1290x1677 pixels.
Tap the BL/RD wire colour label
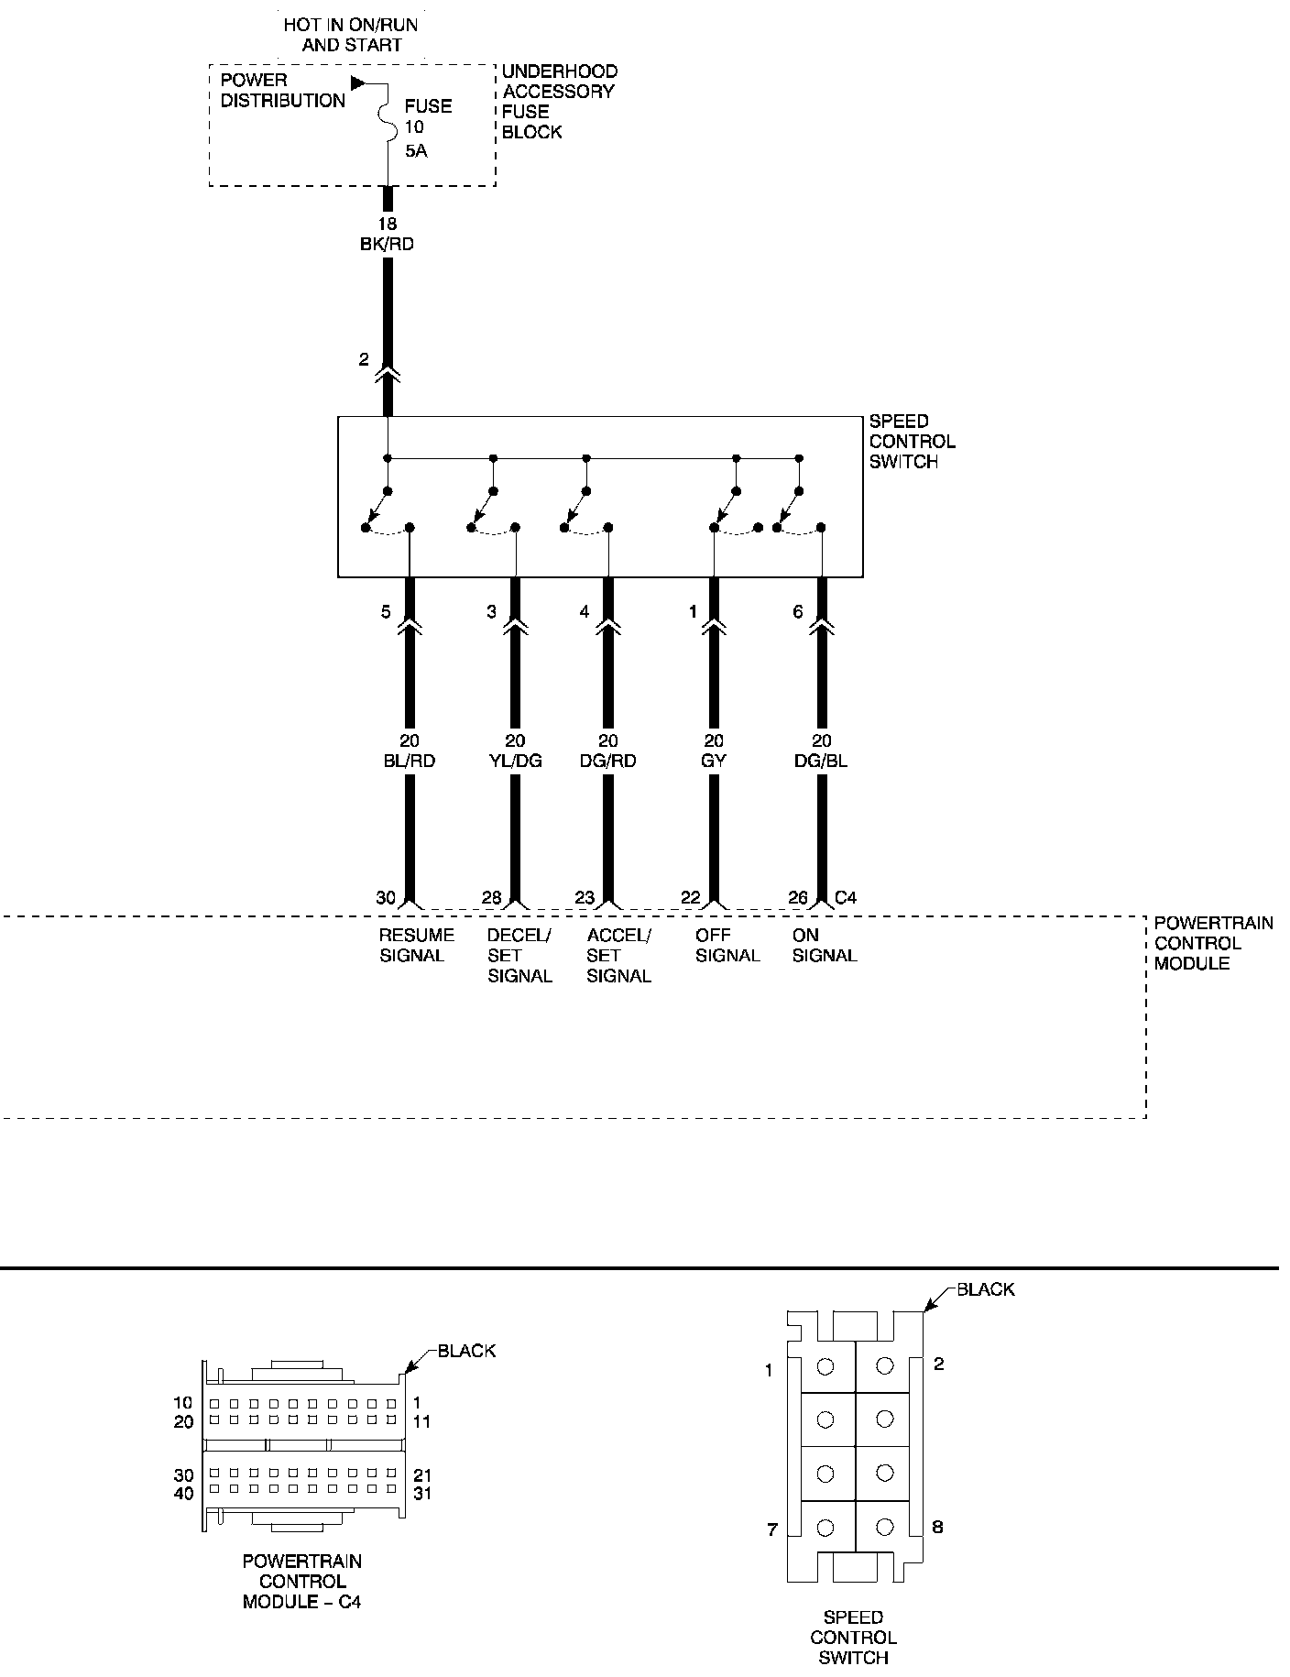click(x=410, y=761)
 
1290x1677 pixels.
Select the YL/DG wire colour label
click(x=515, y=761)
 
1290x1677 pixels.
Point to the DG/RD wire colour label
click(x=607, y=761)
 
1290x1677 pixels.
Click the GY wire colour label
click(x=714, y=761)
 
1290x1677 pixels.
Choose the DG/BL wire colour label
click(x=822, y=761)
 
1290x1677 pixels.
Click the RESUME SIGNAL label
click(x=416, y=945)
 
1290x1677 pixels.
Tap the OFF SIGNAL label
click(x=727, y=945)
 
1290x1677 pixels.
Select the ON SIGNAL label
click(x=824, y=945)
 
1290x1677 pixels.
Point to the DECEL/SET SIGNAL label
click(x=519, y=955)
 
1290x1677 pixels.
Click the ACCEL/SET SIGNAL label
click(x=618, y=955)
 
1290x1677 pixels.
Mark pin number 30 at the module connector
click(x=386, y=898)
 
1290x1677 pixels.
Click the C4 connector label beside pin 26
click(x=846, y=898)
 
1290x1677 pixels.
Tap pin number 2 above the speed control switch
click(x=364, y=360)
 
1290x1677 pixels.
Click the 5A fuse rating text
click(x=416, y=150)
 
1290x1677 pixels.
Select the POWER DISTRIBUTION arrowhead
click(x=357, y=83)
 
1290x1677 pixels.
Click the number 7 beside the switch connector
click(x=772, y=1529)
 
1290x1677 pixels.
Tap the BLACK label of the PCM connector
click(x=466, y=1351)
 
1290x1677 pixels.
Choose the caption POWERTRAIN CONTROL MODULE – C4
click(x=301, y=1581)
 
